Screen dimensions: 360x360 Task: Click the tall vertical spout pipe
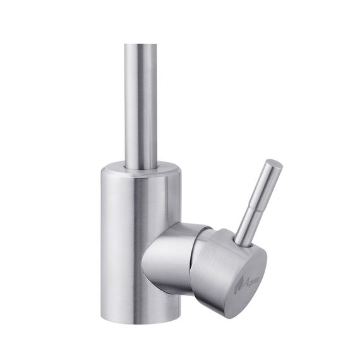tap(140, 101)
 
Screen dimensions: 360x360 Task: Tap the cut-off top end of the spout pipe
tap(140, 45)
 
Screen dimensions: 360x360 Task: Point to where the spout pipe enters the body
tap(141, 167)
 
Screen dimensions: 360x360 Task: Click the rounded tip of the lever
tap(275, 165)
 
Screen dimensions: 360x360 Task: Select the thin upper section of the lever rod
tap(267, 183)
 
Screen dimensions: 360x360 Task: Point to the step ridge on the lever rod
tap(257, 203)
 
